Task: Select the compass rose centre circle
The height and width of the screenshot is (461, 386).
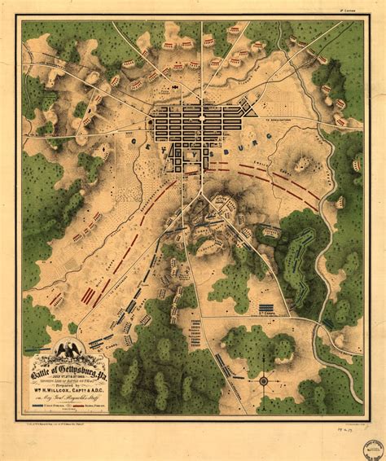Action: click(x=263, y=380)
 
